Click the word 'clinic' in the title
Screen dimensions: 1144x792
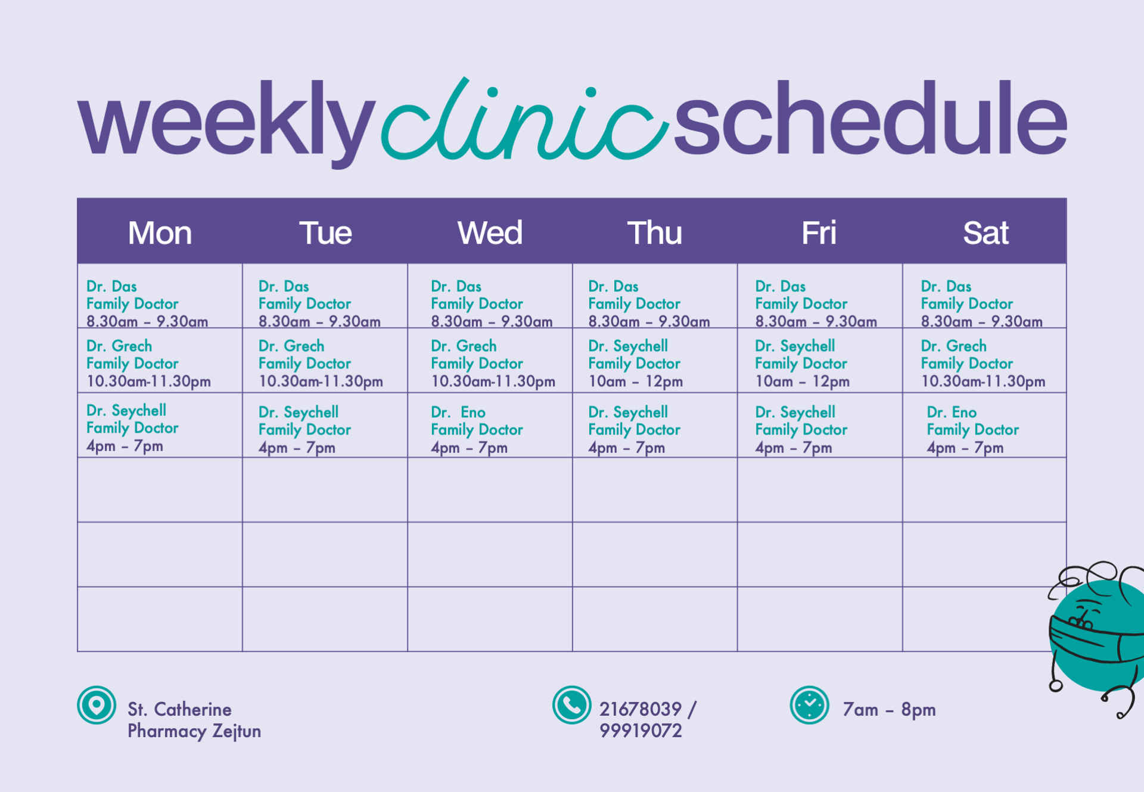point(524,119)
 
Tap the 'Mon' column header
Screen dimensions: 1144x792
point(160,232)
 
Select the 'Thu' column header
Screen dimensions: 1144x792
point(654,232)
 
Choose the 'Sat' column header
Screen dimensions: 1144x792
point(986,232)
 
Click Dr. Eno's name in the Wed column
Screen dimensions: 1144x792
point(458,412)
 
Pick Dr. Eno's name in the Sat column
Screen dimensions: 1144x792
point(952,412)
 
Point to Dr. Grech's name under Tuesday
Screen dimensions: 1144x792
point(291,346)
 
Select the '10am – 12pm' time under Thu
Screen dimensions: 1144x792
point(635,381)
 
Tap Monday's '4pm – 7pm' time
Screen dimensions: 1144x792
point(125,446)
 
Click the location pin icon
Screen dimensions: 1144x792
point(96,706)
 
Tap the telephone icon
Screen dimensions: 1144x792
point(571,706)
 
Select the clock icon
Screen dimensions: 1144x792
point(809,706)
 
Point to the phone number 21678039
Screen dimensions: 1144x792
point(640,709)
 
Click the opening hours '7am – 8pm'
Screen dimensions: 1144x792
point(889,709)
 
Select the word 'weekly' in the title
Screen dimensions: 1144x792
point(226,122)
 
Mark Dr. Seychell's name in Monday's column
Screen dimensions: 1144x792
point(126,410)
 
